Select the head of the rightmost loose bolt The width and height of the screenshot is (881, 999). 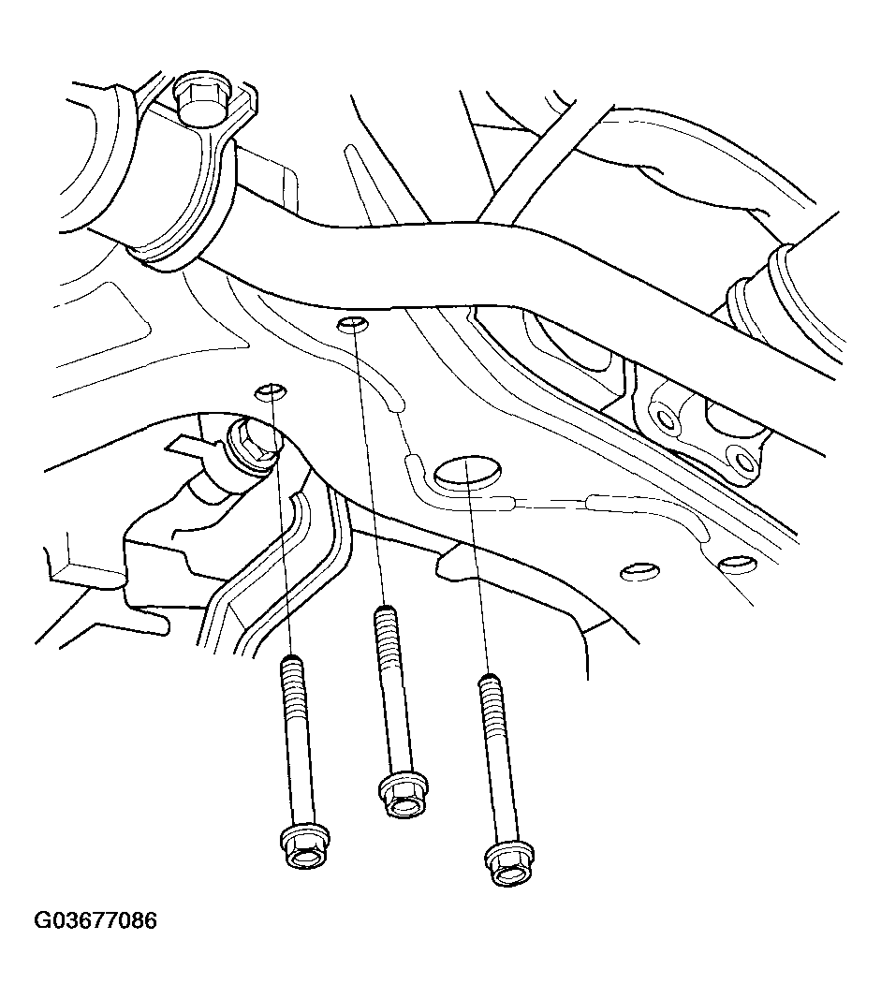(x=509, y=864)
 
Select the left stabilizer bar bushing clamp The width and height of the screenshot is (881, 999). (x=184, y=172)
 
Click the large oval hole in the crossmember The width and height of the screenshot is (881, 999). (x=467, y=473)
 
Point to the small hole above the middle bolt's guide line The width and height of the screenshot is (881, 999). (x=352, y=324)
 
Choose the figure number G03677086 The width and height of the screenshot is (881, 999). (x=95, y=921)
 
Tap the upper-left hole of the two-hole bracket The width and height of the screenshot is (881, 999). (x=665, y=419)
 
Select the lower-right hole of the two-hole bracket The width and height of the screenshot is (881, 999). (x=741, y=458)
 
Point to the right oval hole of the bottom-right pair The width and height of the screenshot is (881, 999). (x=737, y=563)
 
